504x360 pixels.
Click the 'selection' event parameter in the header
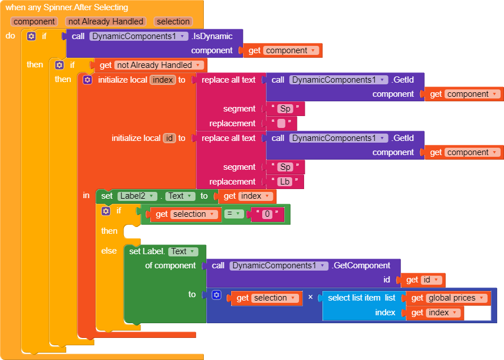173,22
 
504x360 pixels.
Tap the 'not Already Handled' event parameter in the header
105,22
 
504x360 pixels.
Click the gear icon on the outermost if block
31,36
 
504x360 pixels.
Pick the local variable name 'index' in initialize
163,80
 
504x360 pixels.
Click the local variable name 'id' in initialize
169,138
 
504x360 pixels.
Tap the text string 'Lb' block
285,182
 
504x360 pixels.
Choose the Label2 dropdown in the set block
135,196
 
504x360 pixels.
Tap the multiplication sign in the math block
310,298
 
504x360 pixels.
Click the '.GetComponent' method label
361,265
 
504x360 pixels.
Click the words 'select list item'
354,298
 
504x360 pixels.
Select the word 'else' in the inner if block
109,251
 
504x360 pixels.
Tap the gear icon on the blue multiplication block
216,295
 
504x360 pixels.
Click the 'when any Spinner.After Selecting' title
67,8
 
